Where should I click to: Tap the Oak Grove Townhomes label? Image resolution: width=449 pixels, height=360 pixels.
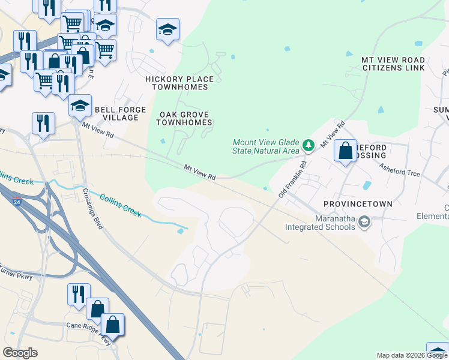(x=184, y=118)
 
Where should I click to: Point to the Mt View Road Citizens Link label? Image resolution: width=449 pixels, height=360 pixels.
(x=393, y=64)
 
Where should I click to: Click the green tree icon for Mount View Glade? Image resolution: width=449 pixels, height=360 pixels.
(x=308, y=145)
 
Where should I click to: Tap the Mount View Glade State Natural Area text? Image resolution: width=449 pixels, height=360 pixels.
(x=265, y=146)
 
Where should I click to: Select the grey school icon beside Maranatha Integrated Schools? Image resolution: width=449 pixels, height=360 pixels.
(x=364, y=223)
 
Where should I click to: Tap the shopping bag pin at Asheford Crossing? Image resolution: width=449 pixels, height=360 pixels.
(x=346, y=151)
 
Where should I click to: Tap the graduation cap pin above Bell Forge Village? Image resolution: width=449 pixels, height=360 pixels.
(x=80, y=106)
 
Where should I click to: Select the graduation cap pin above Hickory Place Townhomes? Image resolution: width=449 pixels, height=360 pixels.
(x=167, y=29)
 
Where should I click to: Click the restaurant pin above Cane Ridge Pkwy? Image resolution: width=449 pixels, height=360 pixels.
(x=79, y=295)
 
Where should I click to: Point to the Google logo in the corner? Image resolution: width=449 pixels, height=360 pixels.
(x=20, y=353)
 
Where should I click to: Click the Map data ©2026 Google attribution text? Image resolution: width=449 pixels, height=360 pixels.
(x=412, y=355)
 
